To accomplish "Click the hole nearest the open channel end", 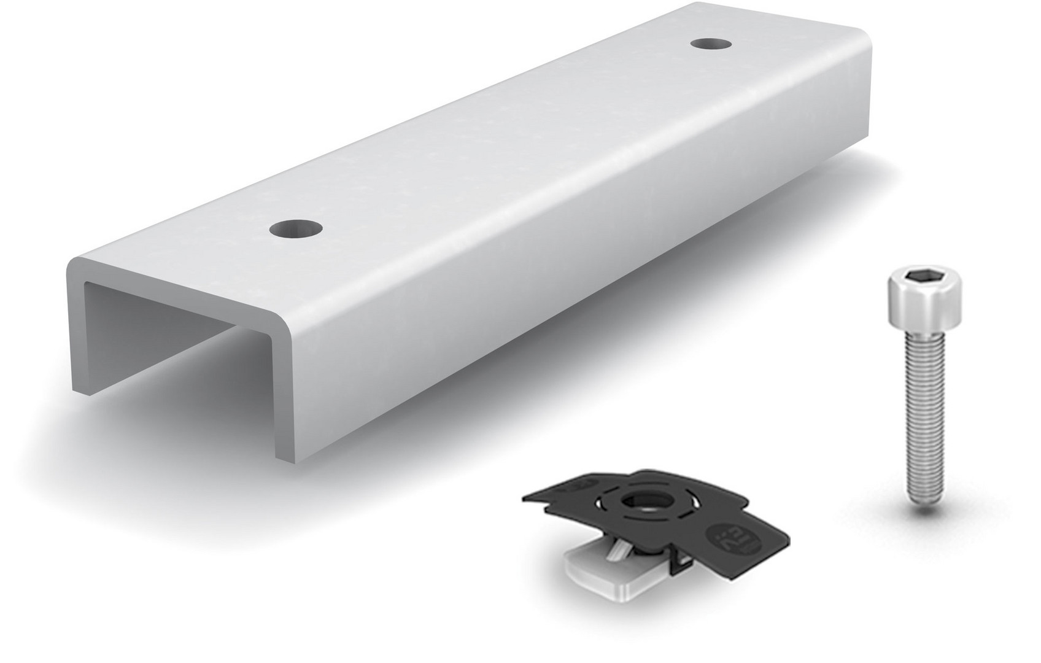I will [x=296, y=230].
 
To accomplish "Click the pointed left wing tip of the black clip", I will [x=525, y=496].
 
